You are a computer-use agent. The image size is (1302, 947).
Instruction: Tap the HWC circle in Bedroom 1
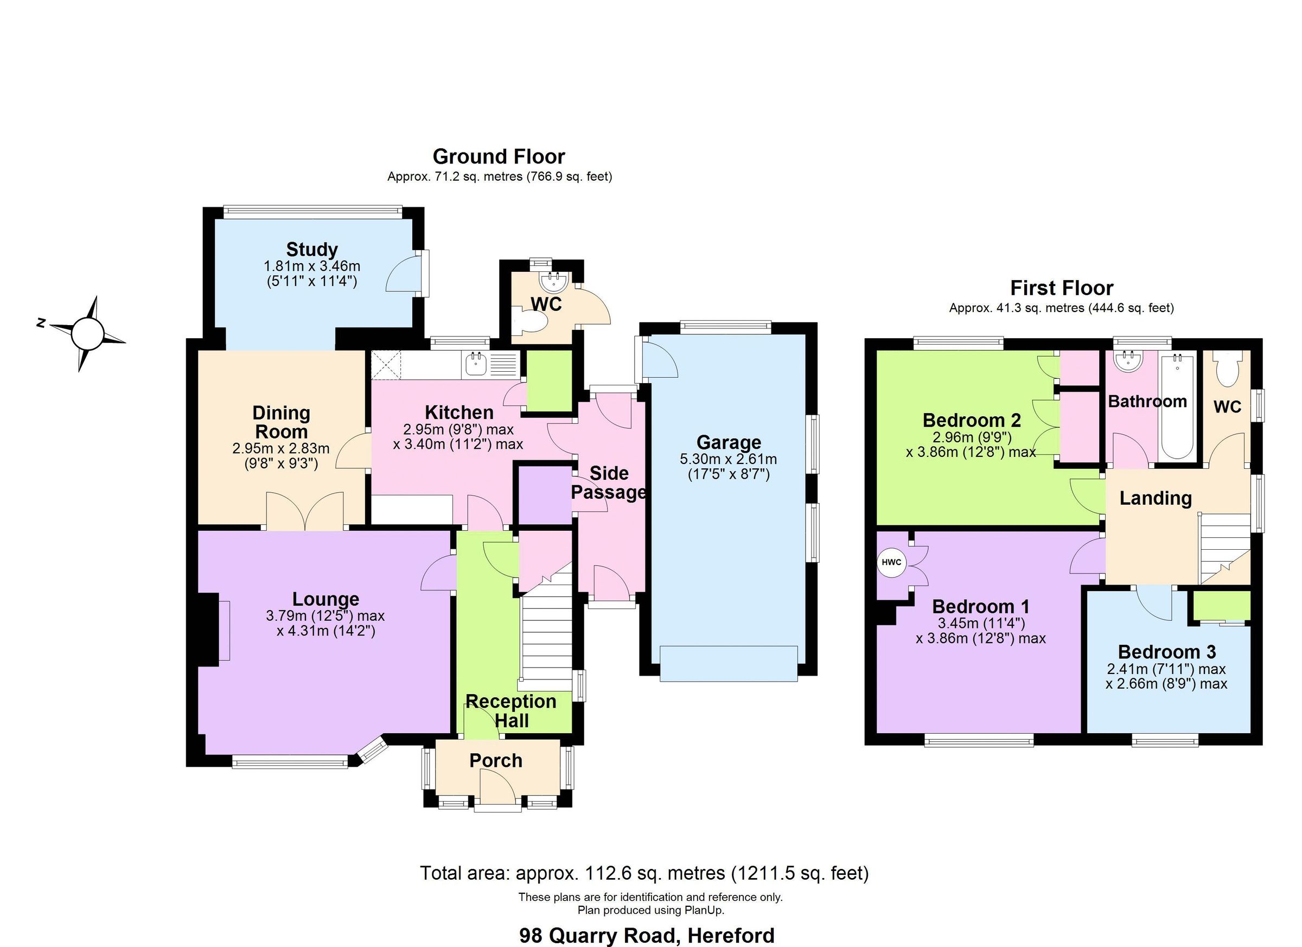(x=891, y=563)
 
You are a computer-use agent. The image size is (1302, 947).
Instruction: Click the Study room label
(x=312, y=250)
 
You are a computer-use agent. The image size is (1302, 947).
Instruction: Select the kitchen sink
(x=476, y=364)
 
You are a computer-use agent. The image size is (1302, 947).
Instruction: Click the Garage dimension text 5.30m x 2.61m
(x=728, y=460)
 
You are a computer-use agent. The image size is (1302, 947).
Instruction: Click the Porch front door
(x=497, y=788)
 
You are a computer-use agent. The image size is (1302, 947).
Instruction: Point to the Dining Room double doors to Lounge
(x=305, y=511)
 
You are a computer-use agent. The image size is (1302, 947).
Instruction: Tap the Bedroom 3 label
(x=1166, y=652)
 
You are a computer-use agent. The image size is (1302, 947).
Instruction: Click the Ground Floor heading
(x=499, y=157)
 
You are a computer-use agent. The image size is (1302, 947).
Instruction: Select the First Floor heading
(x=1062, y=288)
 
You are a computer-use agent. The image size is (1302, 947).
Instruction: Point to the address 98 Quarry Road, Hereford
(x=647, y=935)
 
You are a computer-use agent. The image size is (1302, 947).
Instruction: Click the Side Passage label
(x=609, y=483)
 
